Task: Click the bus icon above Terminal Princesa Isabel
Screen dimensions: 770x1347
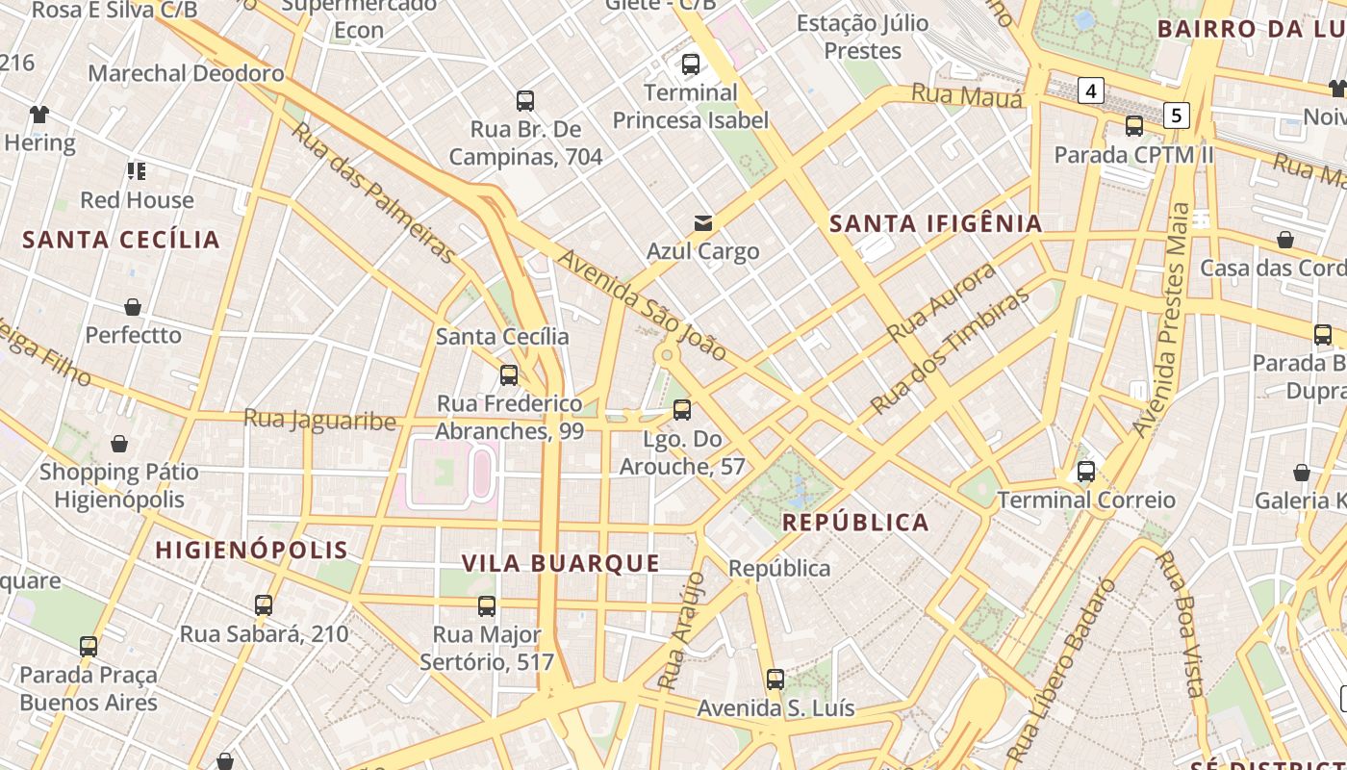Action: [x=690, y=64]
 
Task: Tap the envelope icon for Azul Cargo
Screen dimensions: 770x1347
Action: [x=703, y=223]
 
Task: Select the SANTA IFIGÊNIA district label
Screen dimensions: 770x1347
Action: [x=935, y=223]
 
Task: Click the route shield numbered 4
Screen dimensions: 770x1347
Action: [x=1090, y=91]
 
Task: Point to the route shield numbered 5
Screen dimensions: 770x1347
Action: [x=1176, y=115]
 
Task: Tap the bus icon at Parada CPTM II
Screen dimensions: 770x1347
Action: [x=1134, y=126]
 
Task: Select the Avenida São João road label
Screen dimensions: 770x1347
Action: [x=643, y=305]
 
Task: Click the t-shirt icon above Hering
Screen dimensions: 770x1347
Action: [x=38, y=115]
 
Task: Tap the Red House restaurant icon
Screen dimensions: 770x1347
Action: [x=137, y=171]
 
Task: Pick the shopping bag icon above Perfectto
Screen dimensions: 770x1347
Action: [x=133, y=307]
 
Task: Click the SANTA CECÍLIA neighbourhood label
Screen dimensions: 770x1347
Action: [x=121, y=240]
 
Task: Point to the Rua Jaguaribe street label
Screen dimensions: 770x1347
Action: [x=319, y=421]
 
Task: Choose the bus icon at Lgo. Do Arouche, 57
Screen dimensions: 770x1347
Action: [x=682, y=410]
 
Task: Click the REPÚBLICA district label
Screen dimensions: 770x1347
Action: [x=855, y=523]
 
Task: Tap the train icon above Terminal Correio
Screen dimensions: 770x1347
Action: [x=1086, y=472]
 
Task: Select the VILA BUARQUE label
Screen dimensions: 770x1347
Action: [x=561, y=563]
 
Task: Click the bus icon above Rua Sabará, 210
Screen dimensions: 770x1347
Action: [x=264, y=605]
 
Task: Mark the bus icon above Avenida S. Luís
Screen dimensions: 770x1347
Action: [x=775, y=680]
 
